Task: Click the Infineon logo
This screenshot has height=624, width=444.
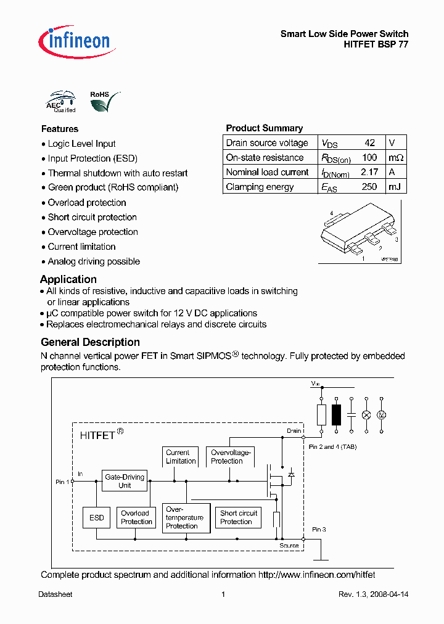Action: click(75, 40)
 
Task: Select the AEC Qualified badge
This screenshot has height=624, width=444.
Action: click(61, 102)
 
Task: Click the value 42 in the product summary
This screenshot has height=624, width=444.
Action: click(369, 142)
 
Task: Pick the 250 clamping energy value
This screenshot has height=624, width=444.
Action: click(369, 187)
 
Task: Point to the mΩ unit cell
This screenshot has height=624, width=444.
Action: click(395, 157)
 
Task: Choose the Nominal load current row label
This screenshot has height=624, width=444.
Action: click(267, 172)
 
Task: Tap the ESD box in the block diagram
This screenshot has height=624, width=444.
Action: click(97, 518)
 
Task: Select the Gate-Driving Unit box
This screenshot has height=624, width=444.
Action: click(125, 481)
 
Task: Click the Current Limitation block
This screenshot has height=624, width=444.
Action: click(181, 457)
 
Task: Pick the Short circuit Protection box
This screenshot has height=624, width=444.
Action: click(238, 517)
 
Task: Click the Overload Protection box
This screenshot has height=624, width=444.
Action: click(136, 517)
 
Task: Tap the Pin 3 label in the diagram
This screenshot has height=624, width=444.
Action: click(319, 529)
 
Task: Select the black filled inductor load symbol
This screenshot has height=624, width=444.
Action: click(336, 415)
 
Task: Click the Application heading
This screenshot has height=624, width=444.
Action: click(68, 279)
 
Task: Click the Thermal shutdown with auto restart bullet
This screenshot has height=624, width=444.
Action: click(117, 173)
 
